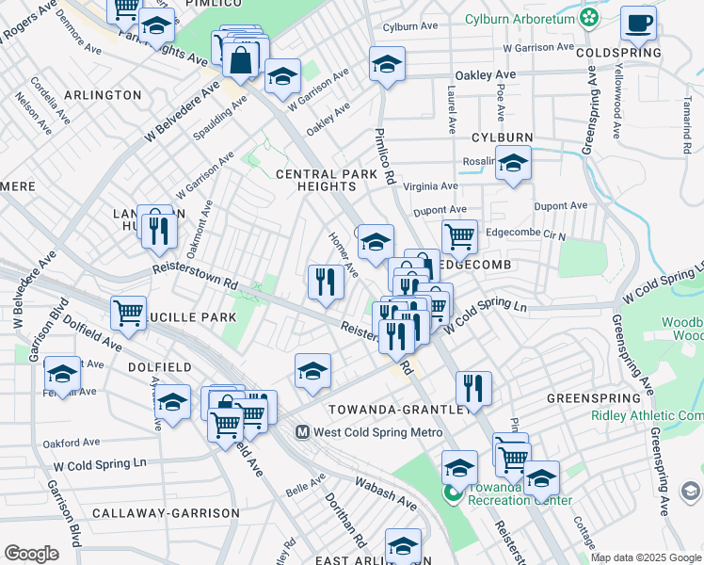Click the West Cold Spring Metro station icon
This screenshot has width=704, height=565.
click(x=303, y=432)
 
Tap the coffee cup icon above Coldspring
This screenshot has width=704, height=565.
click(x=639, y=24)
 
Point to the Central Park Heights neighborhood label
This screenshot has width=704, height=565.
click(x=315, y=181)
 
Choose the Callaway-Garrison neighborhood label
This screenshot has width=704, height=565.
click(x=166, y=513)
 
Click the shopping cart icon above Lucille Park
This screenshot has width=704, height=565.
click(x=128, y=312)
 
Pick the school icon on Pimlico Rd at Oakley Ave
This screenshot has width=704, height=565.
click(x=387, y=64)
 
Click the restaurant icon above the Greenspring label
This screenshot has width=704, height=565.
click(x=473, y=387)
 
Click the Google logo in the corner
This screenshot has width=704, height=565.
click(x=31, y=554)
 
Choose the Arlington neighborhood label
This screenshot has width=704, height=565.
click(x=104, y=95)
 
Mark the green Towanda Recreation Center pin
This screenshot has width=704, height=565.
click(x=453, y=492)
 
